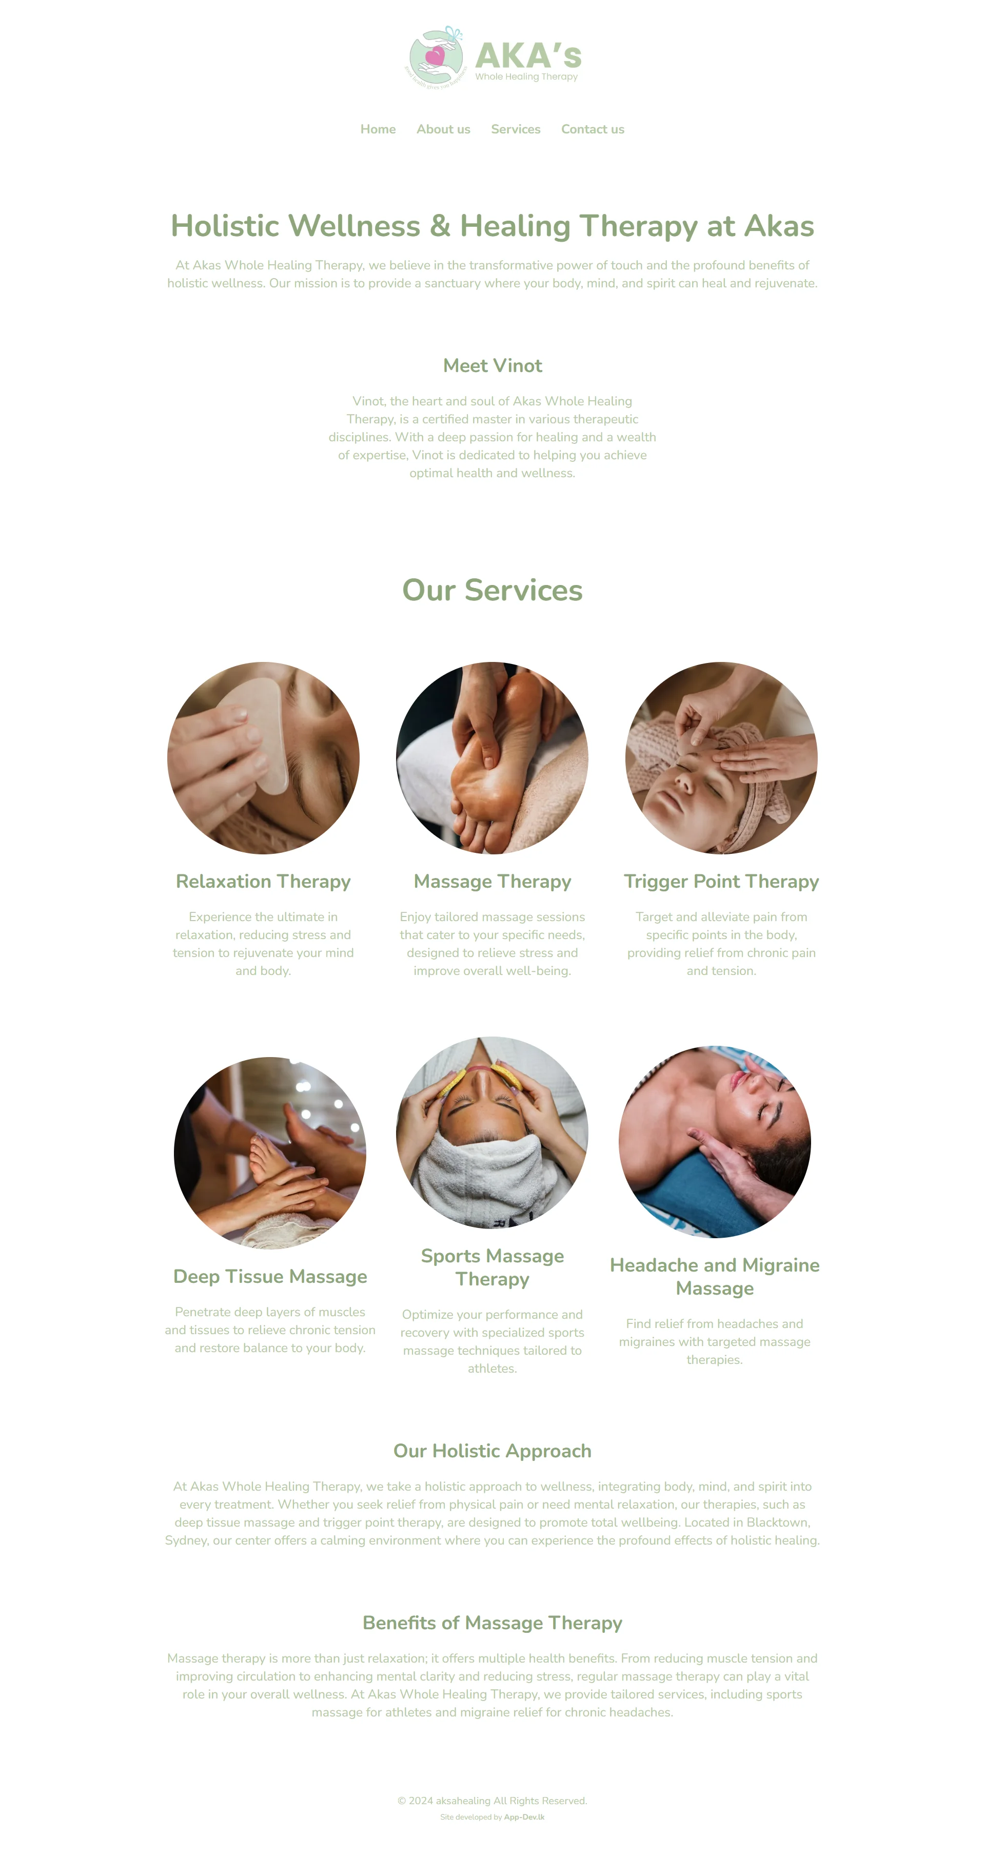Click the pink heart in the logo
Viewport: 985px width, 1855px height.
tap(435, 55)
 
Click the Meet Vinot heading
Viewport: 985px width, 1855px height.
tap(493, 366)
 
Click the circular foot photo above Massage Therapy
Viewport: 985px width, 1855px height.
tap(493, 758)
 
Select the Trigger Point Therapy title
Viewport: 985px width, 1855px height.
tap(721, 882)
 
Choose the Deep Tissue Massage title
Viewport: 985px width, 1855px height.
tap(270, 1277)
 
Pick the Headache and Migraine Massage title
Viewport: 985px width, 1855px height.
tap(715, 1277)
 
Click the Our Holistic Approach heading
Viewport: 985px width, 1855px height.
tap(493, 1451)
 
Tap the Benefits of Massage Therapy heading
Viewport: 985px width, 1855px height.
tap(493, 1623)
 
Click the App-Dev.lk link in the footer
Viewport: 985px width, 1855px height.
tap(524, 1818)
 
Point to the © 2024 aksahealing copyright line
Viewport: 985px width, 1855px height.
tap(493, 1801)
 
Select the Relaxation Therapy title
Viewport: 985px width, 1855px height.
tap(264, 882)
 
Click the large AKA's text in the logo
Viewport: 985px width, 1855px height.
tap(528, 55)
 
